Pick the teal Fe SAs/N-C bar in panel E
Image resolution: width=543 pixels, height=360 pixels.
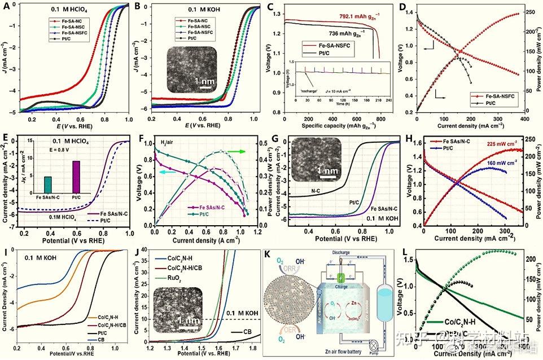coord(47,184)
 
